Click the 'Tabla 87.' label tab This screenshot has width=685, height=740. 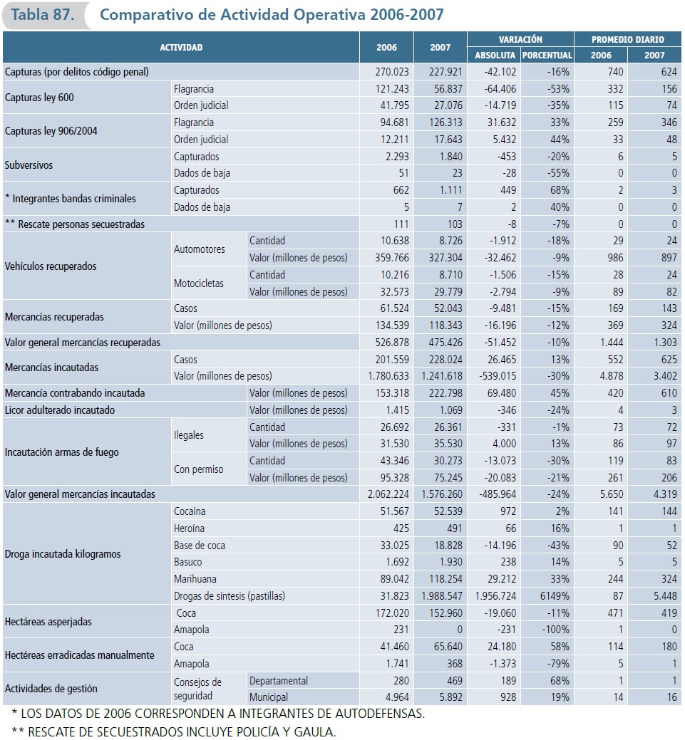43,15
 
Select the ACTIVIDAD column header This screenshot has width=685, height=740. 181,48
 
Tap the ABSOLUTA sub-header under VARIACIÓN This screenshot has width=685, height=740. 494,56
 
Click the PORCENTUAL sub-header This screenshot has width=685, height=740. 547,56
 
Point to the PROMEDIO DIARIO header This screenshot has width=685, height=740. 628,40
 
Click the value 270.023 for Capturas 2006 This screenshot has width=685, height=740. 394,72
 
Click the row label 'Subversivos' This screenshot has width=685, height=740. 29,165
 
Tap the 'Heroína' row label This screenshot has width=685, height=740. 189,528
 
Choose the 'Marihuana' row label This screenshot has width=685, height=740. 195,579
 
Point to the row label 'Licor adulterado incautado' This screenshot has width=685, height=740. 60,410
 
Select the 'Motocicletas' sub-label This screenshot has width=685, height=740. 199,283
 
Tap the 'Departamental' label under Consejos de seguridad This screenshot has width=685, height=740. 279,681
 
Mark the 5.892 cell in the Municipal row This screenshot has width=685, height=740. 447,698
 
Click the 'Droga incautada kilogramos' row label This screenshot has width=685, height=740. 63,554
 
